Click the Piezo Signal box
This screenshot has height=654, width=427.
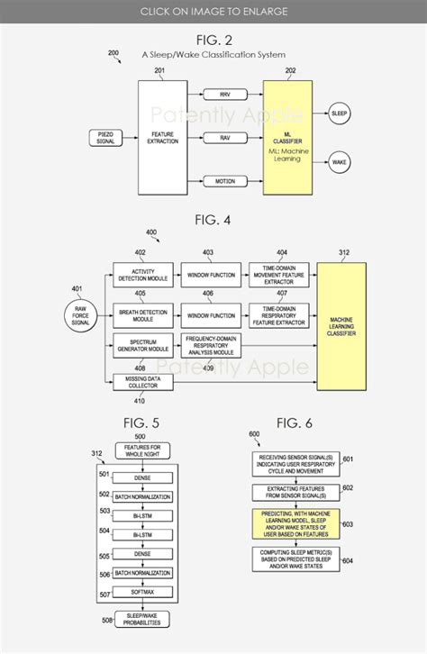104,137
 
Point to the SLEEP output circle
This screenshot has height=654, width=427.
340,114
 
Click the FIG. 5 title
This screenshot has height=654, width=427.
142,422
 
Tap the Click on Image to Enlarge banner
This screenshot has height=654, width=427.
213,11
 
